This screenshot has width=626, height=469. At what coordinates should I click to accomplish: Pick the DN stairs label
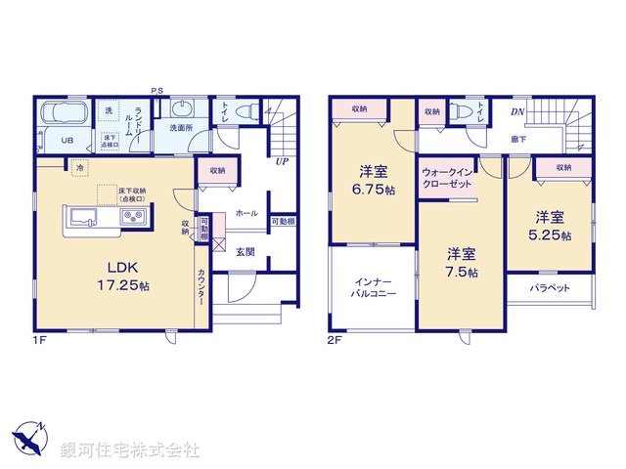(x=518, y=113)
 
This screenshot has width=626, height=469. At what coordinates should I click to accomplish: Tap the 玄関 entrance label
(x=246, y=251)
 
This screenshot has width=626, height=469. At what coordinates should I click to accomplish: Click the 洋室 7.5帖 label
(x=457, y=261)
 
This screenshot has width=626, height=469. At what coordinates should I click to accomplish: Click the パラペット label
(x=552, y=289)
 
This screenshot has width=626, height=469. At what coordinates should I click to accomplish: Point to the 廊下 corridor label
(x=518, y=141)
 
